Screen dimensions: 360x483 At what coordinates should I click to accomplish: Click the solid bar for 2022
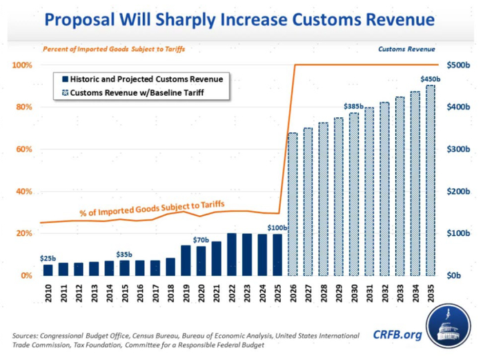coord(232,254)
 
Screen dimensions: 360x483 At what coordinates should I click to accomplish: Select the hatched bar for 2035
coord(430,181)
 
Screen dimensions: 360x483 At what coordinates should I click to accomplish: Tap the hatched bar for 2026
coord(293,204)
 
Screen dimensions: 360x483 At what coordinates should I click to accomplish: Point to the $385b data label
coord(354,106)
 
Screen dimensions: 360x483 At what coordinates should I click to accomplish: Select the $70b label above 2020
coord(201,239)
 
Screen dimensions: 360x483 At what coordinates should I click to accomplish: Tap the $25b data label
coord(48,258)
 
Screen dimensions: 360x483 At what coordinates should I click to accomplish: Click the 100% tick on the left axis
coord(22,66)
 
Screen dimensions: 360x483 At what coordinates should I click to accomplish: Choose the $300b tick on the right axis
coord(459,150)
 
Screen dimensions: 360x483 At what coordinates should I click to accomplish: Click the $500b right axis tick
coord(459,66)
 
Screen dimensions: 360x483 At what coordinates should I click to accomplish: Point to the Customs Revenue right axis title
coord(407,50)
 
